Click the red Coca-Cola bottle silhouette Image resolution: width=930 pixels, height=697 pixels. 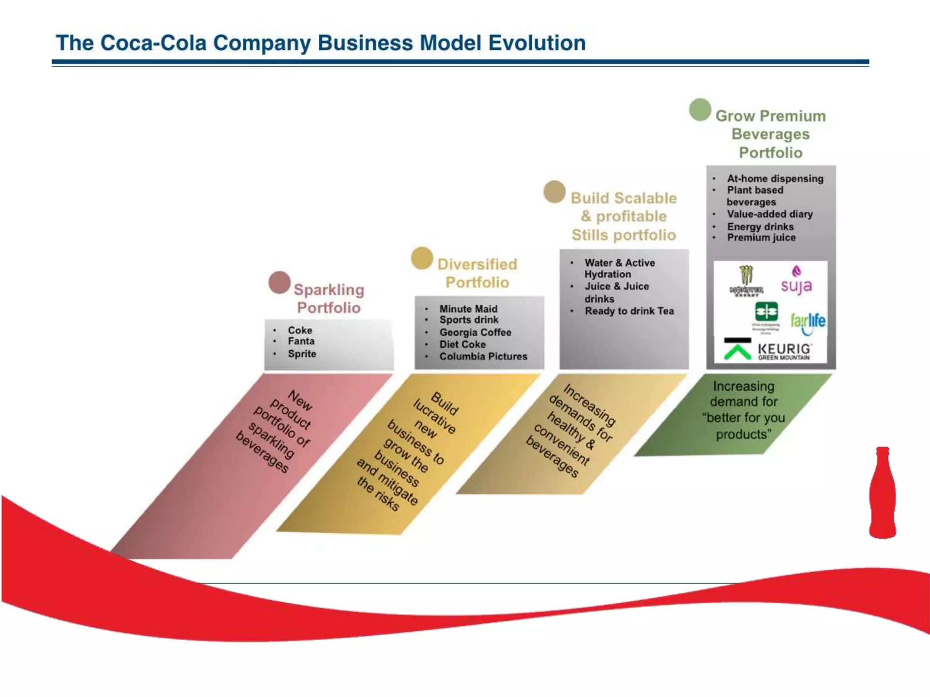882,493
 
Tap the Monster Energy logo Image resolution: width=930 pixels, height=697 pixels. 746,281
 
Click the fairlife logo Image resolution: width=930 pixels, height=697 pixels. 808,322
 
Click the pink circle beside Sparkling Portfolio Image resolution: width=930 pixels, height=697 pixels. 279,282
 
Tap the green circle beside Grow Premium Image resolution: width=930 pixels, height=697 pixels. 700,110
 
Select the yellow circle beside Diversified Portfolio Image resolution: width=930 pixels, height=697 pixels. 422,258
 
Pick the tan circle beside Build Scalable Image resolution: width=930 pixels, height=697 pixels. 554,191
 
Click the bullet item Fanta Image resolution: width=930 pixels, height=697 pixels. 301,341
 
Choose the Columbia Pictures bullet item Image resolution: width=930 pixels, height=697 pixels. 483,357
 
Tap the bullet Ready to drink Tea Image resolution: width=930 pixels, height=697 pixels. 629,311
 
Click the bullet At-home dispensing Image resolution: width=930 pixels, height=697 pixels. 775,179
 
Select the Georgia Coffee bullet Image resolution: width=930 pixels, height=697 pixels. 475,333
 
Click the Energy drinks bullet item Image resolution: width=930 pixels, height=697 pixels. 760,226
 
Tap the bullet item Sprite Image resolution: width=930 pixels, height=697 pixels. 302,354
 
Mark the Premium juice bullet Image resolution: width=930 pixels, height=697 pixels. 761,238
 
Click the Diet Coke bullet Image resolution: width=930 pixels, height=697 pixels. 462,344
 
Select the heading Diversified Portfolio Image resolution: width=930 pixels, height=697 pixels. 477,273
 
